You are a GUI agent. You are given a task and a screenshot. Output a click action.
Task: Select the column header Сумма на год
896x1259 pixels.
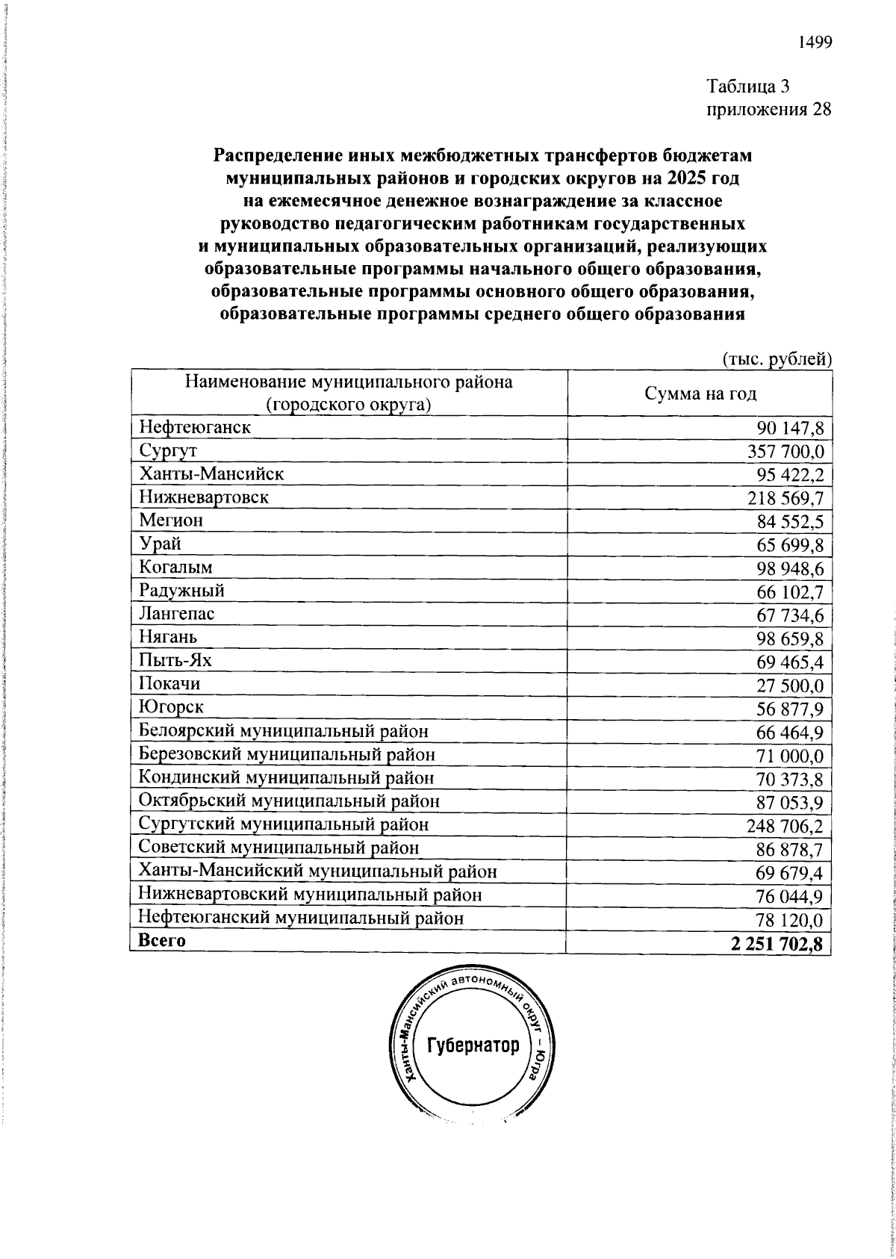(x=700, y=394)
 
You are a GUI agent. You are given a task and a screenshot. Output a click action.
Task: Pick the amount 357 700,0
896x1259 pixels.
(x=785, y=452)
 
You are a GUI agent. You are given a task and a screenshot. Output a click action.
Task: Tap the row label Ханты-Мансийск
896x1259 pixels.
(x=211, y=474)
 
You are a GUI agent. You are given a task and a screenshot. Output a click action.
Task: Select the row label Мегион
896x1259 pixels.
(x=171, y=520)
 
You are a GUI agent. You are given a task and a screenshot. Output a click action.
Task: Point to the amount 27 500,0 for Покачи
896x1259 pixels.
(x=790, y=686)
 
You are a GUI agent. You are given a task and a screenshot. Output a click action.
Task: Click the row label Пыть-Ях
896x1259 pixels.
(x=175, y=660)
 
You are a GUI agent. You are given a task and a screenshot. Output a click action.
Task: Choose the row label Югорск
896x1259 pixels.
(x=172, y=707)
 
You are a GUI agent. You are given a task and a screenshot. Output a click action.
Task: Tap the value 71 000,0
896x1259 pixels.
(x=790, y=756)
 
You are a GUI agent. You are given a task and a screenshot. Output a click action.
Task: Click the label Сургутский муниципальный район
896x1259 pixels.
(x=284, y=824)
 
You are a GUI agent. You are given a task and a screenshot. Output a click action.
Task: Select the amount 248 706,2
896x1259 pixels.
(x=785, y=826)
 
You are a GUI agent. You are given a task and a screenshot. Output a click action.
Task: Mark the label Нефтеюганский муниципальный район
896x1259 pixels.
(x=301, y=918)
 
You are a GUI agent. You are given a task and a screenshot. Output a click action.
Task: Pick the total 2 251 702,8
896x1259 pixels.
(x=777, y=944)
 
